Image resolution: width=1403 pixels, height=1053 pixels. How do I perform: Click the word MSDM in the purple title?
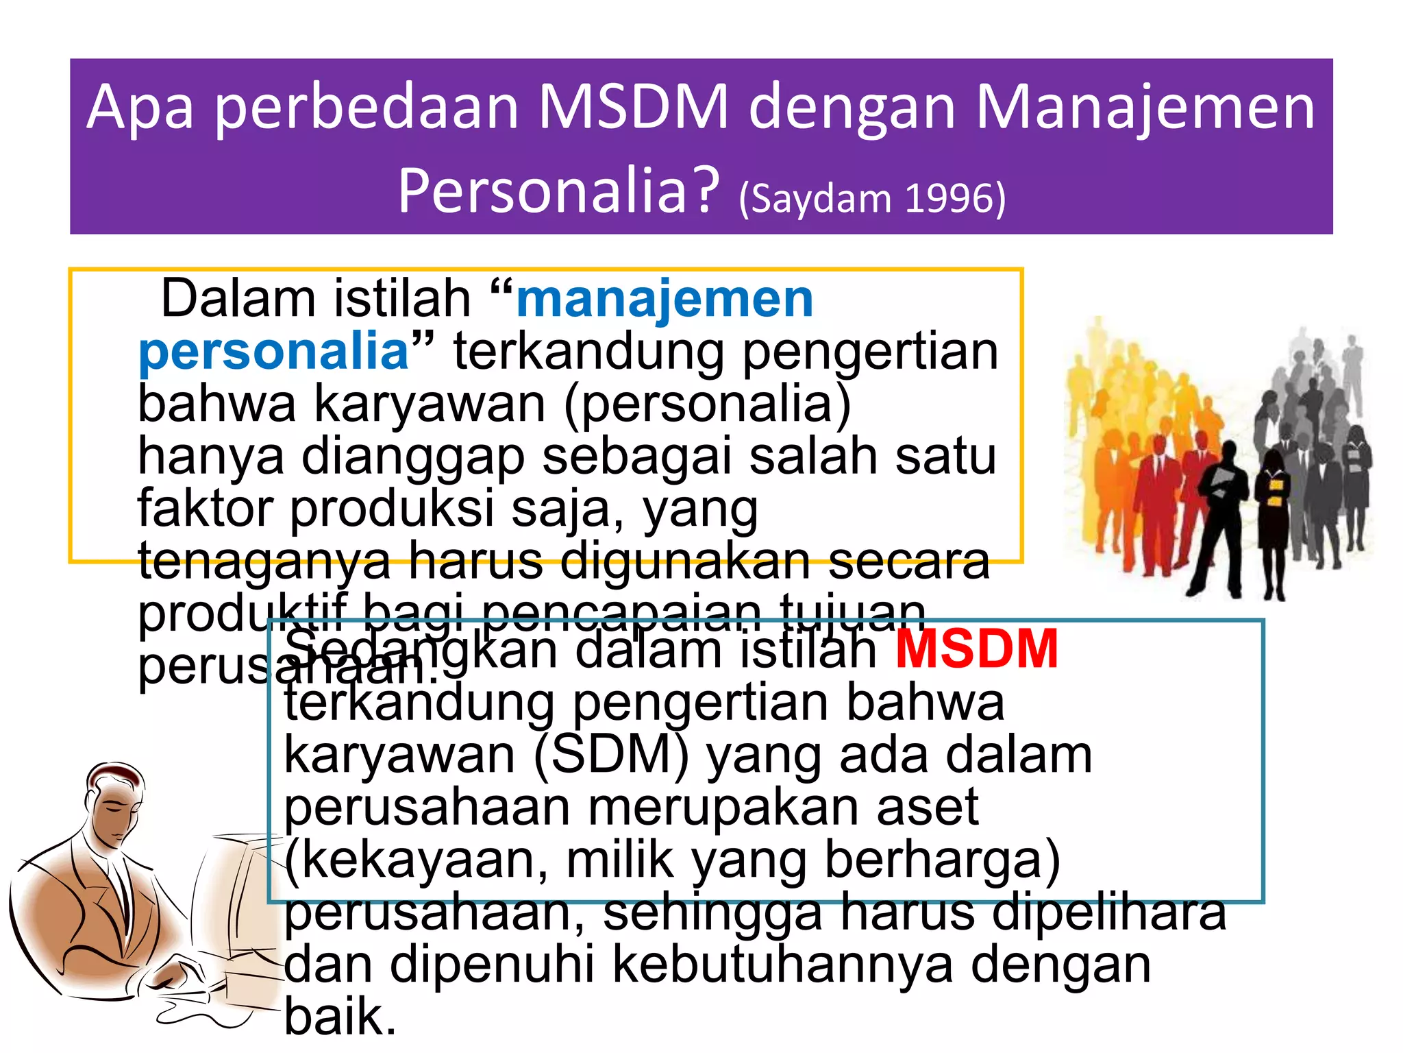pos(634,107)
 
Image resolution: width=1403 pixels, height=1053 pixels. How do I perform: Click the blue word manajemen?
pos(665,300)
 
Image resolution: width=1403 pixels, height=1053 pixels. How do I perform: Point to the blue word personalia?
pos(273,352)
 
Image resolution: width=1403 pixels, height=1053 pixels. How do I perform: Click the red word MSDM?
pos(977,649)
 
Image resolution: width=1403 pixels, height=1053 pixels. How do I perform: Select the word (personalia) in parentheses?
pos(707,404)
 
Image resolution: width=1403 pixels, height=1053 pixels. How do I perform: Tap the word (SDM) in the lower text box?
pos(611,755)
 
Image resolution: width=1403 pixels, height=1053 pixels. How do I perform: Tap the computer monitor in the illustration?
pos(236,891)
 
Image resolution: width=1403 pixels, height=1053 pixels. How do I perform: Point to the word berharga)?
pos(942,861)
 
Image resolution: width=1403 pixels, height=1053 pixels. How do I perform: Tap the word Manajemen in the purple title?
pos(1145,107)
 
